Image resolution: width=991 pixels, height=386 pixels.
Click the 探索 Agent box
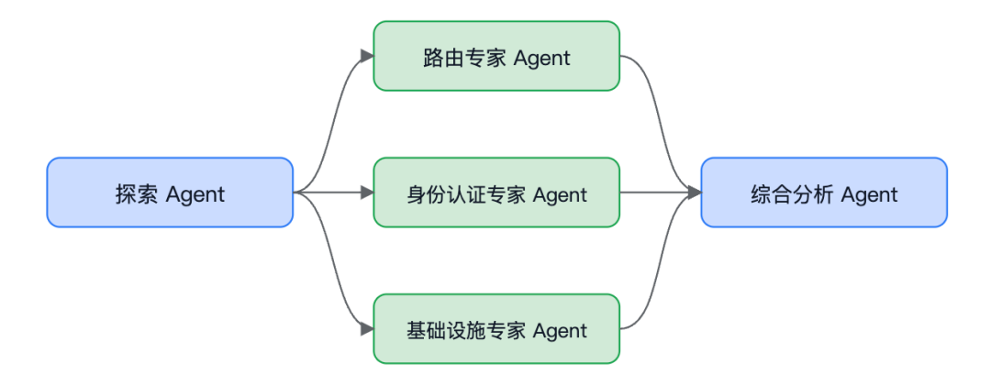pyautogui.click(x=170, y=192)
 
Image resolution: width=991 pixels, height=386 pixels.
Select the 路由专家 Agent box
pyautogui.click(x=496, y=56)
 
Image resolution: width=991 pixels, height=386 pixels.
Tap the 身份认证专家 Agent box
pyautogui.click(x=496, y=192)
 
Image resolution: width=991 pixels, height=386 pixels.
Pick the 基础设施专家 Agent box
pyautogui.click(x=496, y=328)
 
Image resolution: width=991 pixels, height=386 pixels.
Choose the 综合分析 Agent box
pyautogui.click(x=824, y=192)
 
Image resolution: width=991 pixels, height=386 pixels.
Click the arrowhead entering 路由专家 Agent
pyautogui.click(x=367, y=56)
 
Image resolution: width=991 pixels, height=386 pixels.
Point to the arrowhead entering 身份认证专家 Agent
pyautogui.click(x=367, y=192)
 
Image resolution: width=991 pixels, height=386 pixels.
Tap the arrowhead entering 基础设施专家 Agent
pyautogui.click(x=367, y=328)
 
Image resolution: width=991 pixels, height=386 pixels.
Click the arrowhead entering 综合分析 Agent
pyautogui.click(x=695, y=192)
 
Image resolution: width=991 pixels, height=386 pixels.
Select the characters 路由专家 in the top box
pyautogui.click(x=464, y=58)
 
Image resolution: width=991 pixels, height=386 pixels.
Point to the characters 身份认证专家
pyautogui.click(x=466, y=194)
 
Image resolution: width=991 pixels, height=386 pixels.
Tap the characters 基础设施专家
pyautogui.click(x=466, y=330)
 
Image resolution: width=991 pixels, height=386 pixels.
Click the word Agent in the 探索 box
pyautogui.click(x=195, y=194)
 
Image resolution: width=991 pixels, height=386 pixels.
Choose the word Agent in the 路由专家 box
pyautogui.click(x=542, y=59)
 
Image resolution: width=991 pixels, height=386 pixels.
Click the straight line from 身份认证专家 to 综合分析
pyautogui.click(x=654, y=192)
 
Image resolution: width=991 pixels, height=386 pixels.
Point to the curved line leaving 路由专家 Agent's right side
pyautogui.click(x=655, y=120)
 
